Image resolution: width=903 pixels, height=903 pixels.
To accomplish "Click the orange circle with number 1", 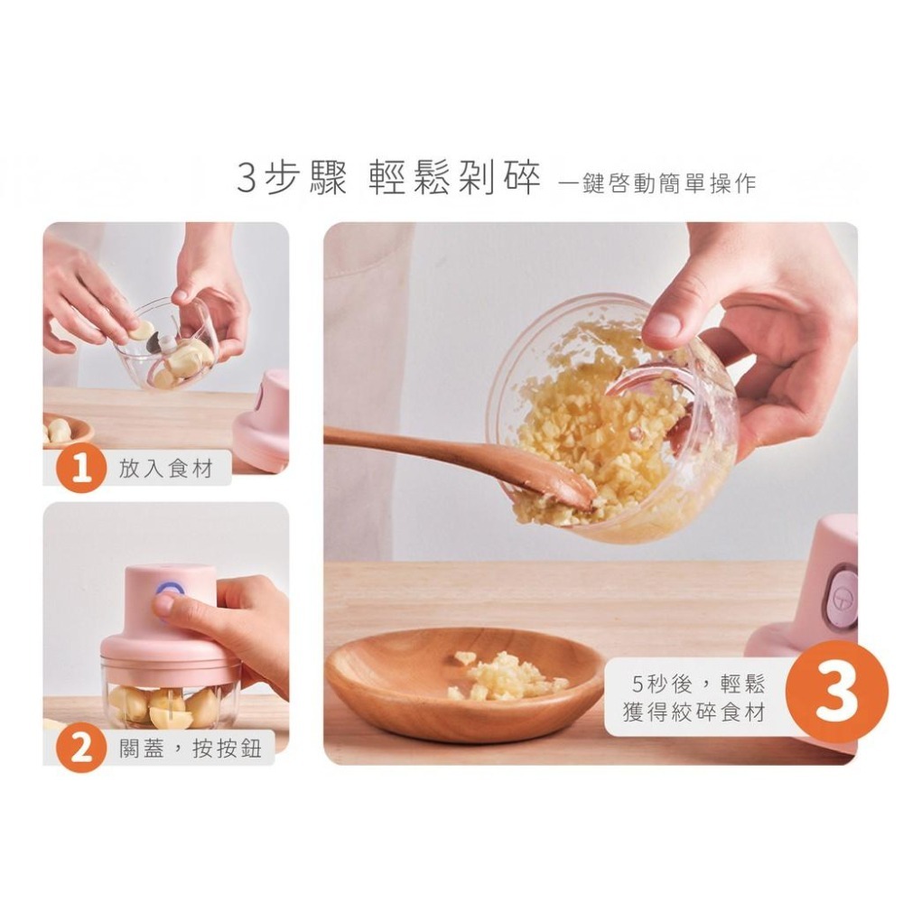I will (81, 470).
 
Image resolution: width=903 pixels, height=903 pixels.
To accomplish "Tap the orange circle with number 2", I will (81, 749).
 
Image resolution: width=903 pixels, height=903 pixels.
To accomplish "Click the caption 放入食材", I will (160, 469).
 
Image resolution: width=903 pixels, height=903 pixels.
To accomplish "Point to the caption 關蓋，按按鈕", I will (191, 749).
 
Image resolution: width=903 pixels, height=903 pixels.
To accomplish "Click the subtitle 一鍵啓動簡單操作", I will (657, 183).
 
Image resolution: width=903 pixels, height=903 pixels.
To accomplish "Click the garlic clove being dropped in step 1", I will (141, 330).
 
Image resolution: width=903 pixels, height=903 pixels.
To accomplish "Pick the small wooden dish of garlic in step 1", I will (65, 431).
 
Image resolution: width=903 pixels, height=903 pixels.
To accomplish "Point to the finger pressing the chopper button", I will (165, 604).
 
